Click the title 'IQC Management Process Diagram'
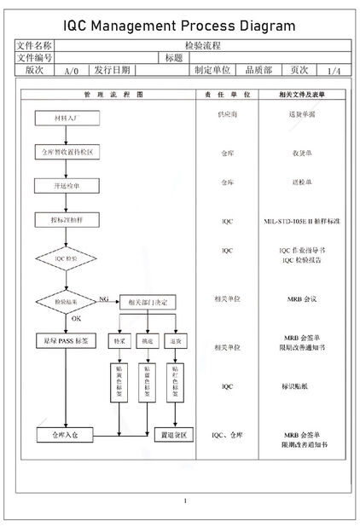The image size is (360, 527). click(x=179, y=26)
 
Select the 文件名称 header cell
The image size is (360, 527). click(x=36, y=45)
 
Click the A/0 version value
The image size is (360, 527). click(x=72, y=71)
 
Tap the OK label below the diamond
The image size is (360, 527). click(x=75, y=319)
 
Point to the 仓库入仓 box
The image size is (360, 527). click(x=66, y=435)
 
